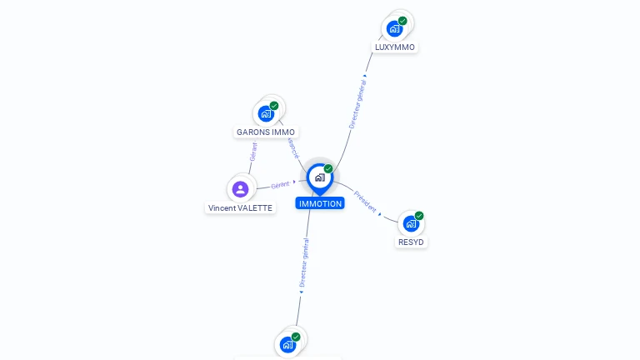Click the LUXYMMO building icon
tap(395, 29)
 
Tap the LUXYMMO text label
tap(395, 47)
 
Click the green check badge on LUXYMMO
tap(402, 21)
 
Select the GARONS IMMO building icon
tap(266, 113)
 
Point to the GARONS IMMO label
tap(266, 132)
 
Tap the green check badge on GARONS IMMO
tap(274, 106)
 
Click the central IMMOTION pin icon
tap(319, 177)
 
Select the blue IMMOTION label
tap(320, 203)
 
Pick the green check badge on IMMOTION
tap(328, 168)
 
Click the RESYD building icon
tap(411, 223)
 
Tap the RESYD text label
tap(411, 242)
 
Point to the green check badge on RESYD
tap(419, 216)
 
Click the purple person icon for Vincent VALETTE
tap(240, 189)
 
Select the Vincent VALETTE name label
tap(240, 207)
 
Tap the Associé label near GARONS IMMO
tap(292, 147)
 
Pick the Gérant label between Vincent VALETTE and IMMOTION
tap(280, 184)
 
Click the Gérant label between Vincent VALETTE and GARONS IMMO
tap(253, 152)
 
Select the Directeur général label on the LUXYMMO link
tap(357, 103)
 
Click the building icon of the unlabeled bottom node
tap(287, 344)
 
